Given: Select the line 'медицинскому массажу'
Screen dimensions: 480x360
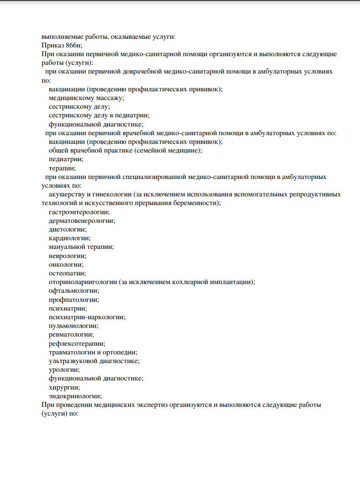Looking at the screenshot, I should point(86,98).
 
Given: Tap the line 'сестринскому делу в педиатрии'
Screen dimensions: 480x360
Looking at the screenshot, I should point(99,115).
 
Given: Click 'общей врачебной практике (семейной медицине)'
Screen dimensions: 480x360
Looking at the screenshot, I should point(125,150).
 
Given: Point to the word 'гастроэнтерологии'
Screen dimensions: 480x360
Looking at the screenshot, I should point(79,212).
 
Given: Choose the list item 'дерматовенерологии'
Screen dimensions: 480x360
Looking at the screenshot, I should point(82,221).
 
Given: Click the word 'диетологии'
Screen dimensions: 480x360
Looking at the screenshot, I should point(68,229).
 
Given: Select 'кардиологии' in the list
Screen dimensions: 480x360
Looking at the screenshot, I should point(69,238).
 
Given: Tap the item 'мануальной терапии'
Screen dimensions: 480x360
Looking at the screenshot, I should point(81,247).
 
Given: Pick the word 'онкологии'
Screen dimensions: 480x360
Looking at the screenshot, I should point(66,264).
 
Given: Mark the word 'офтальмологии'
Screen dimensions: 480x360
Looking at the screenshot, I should point(73,290).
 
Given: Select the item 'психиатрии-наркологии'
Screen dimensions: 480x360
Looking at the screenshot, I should point(87,317).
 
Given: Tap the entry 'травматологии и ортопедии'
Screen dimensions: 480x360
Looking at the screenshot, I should point(93,352).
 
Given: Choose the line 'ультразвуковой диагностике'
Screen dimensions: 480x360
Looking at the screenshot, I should point(94,361).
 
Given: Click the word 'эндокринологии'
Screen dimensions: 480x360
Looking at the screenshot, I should point(75,396).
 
